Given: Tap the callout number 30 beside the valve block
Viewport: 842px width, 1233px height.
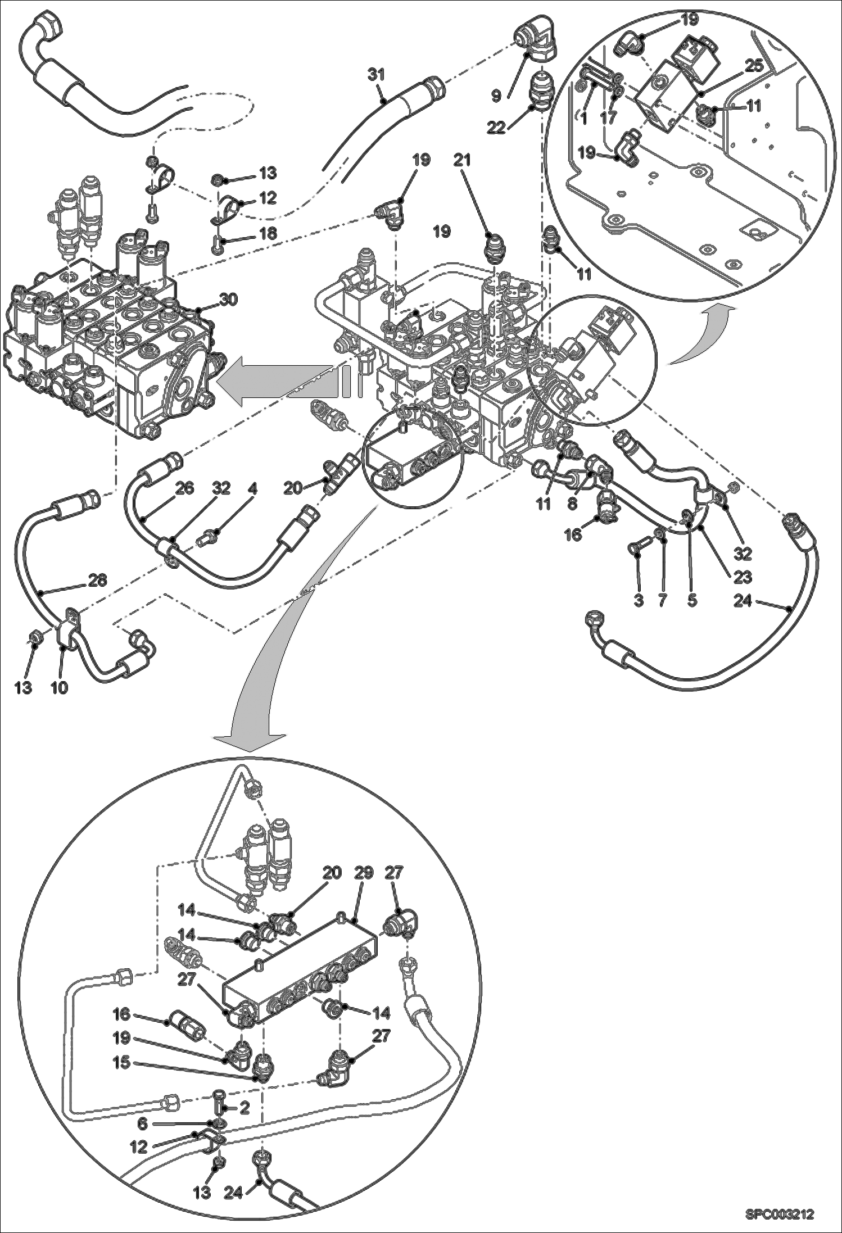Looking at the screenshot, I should (x=229, y=300).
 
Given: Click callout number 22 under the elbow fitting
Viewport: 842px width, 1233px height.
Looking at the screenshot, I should (x=496, y=128).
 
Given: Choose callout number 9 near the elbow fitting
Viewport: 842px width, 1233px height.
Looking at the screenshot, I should (x=496, y=96).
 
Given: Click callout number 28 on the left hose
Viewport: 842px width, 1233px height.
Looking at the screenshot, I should (x=97, y=580).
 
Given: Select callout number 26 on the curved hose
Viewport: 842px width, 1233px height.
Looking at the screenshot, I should (x=184, y=489).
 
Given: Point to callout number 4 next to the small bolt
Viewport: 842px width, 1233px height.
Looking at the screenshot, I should (x=252, y=489).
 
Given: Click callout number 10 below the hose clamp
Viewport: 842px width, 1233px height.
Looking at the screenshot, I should (x=59, y=687).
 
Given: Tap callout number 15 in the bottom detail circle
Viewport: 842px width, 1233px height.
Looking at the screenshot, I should (x=121, y=1063).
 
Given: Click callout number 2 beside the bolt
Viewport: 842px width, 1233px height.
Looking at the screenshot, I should (x=244, y=1108).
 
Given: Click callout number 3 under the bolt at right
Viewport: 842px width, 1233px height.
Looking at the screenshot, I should (x=638, y=601).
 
